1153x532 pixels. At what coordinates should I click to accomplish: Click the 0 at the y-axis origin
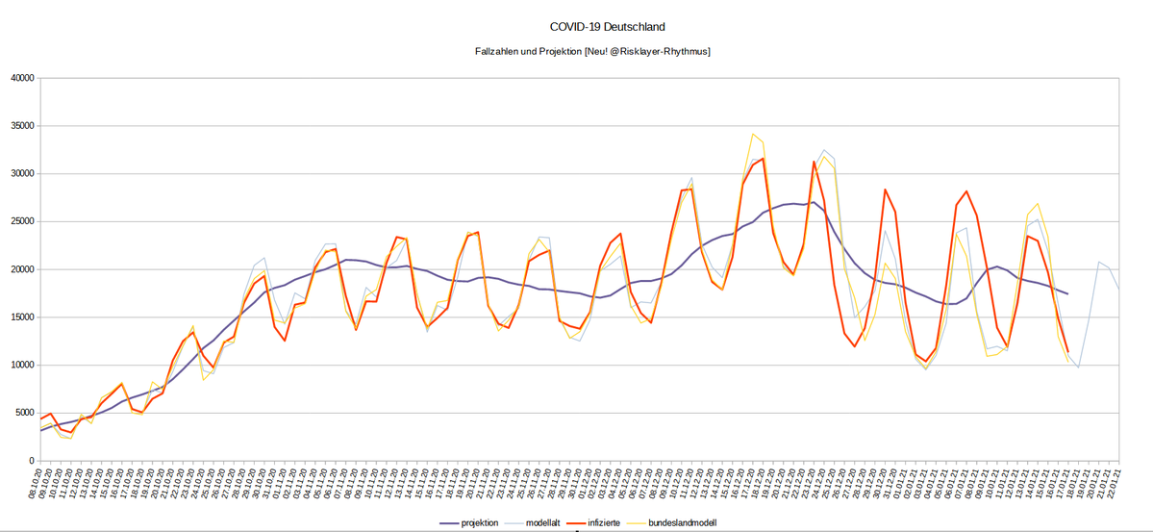pyautogui.click(x=32, y=461)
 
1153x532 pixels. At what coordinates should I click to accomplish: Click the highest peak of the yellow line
pyautogui.click(x=752, y=135)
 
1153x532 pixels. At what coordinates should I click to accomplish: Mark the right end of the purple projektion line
pyautogui.click(x=1067, y=293)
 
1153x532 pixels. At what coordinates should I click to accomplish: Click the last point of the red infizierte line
pyautogui.click(x=1067, y=351)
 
